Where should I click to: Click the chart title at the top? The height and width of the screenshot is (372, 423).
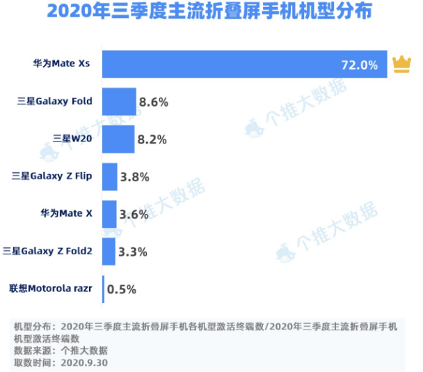point(211,13)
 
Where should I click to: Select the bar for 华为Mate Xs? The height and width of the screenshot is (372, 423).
point(244,64)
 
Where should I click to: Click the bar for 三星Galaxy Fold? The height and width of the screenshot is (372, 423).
point(119,102)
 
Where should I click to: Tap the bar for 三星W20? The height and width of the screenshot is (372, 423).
point(118,139)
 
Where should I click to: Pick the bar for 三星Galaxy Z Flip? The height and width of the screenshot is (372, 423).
point(110,177)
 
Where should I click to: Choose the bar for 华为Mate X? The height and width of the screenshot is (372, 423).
point(109,214)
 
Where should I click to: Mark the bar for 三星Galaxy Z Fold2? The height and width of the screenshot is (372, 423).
point(109,251)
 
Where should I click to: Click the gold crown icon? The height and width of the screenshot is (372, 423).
point(402,64)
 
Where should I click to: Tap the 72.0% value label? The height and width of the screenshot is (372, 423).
point(359,65)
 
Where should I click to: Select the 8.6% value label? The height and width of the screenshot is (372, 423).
point(154,102)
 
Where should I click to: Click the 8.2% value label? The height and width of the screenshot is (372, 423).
point(152,139)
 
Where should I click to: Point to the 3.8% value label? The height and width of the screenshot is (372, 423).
point(135,177)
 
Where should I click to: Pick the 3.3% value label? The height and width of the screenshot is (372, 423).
point(132,251)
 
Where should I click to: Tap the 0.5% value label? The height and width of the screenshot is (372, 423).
point(122,289)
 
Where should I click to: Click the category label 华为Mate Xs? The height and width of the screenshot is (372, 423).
point(67,65)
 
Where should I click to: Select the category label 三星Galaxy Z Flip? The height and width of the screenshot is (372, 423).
point(51,177)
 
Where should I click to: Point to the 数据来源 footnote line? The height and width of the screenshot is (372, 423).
point(61,350)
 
